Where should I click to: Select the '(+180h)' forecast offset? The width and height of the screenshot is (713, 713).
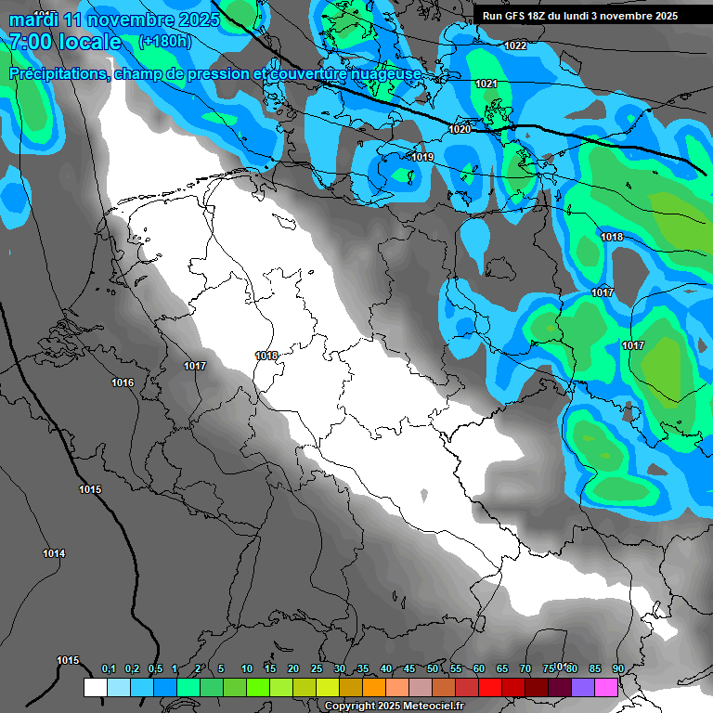point(164,42)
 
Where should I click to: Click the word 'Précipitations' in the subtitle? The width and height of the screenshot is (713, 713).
point(58,73)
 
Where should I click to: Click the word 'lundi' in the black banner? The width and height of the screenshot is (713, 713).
point(569,16)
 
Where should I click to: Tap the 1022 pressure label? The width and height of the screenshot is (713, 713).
point(515,45)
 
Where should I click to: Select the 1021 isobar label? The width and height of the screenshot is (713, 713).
point(486,84)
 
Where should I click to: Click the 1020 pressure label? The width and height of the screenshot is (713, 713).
point(460,129)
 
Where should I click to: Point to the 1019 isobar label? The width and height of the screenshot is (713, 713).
point(422,157)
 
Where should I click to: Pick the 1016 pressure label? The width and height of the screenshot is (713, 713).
point(123,382)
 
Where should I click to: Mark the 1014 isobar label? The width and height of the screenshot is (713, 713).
point(54,553)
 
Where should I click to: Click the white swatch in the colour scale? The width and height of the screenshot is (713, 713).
point(95,688)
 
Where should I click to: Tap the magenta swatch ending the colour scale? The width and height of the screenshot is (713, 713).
point(606,688)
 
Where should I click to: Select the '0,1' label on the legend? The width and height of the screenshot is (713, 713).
point(109,669)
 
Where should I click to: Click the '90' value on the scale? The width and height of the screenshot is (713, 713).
point(617,669)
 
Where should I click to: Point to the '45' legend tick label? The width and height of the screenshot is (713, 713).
point(409,669)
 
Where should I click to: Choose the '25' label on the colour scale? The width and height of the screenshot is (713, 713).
point(317,669)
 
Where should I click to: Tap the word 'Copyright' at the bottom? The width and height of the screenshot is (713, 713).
point(350,707)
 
